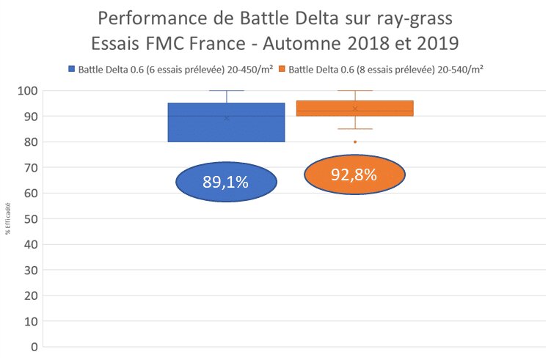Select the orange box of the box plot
coord(355,108)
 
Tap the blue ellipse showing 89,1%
coord(226,182)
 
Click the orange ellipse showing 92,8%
coord(354,175)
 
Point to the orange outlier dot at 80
coord(355,142)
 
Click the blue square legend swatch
coord(71,70)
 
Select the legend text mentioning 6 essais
coord(175,70)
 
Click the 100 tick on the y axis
coord(27,91)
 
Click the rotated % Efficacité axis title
coord(8,219)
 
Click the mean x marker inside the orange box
coord(355,109)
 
